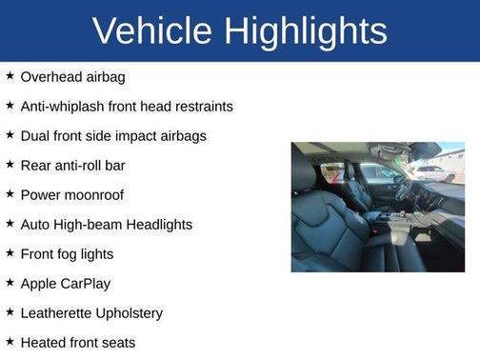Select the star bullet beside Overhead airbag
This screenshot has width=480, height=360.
[x=10, y=76]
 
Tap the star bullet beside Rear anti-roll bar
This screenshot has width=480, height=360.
[x=10, y=165]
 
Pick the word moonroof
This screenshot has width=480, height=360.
[x=93, y=194]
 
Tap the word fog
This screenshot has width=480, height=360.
[x=68, y=253]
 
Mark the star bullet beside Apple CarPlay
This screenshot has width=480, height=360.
[x=10, y=283]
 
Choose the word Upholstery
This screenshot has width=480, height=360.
[x=133, y=312]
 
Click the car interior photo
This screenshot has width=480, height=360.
[x=377, y=207]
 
